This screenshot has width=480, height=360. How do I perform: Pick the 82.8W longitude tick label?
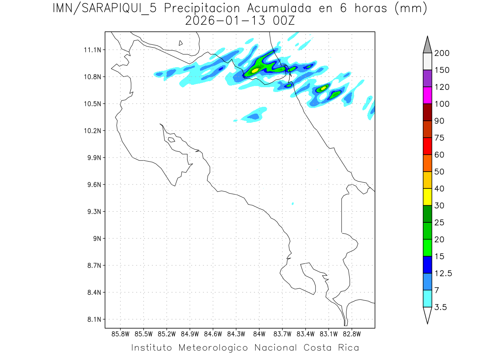(x=352, y=334)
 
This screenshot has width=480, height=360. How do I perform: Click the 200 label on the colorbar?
(x=442, y=53)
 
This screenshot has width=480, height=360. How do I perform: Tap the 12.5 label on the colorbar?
(x=443, y=273)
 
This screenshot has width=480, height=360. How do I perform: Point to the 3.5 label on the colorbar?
(x=441, y=307)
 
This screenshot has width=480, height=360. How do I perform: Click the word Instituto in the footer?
(x=152, y=348)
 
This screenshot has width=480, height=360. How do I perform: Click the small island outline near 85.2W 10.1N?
(x=171, y=140)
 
